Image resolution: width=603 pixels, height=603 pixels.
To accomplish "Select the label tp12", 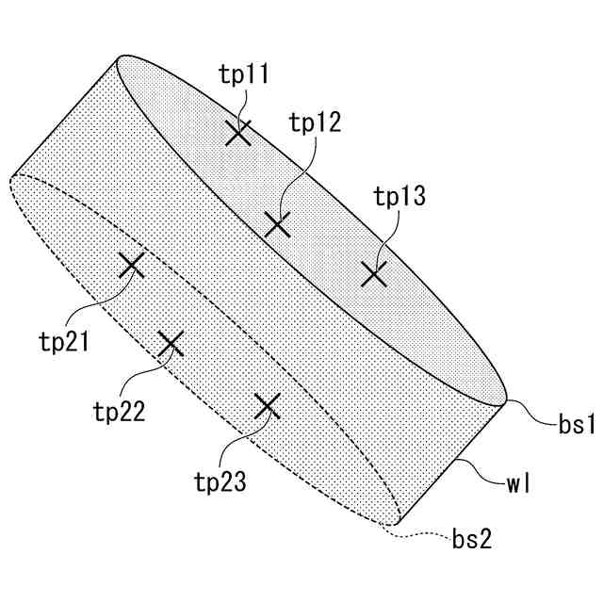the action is pyautogui.click(x=315, y=122).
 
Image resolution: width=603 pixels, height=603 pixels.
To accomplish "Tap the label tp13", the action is pyautogui.click(x=399, y=197).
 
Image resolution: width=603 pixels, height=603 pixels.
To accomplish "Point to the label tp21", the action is pyautogui.click(x=64, y=340).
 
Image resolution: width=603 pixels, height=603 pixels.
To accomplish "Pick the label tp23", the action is pyautogui.click(x=220, y=482).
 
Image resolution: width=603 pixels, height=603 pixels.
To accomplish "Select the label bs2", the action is pyautogui.click(x=471, y=540).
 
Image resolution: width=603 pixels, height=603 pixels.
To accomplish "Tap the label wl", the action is pyautogui.click(x=519, y=486).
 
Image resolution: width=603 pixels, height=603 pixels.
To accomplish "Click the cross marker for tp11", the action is pyautogui.click(x=239, y=133).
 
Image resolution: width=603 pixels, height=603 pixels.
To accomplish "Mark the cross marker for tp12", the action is pyautogui.click(x=276, y=224).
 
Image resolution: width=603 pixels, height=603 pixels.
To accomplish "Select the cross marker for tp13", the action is pyautogui.click(x=375, y=274).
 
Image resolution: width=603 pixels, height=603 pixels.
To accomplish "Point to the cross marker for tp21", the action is pyautogui.click(x=131, y=265).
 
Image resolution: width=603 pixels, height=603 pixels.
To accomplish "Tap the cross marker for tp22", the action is pyautogui.click(x=170, y=344).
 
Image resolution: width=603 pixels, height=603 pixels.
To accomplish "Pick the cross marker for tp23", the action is pyautogui.click(x=269, y=406).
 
